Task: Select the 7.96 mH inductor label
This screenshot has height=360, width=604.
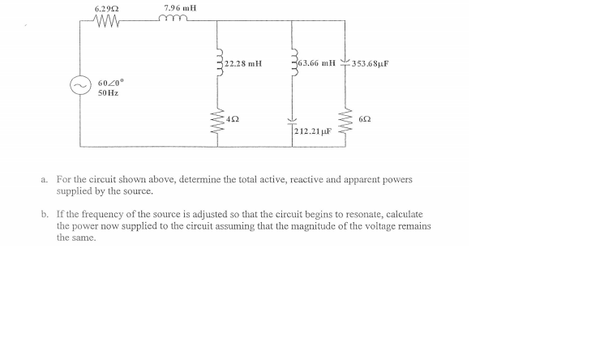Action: coord(180,9)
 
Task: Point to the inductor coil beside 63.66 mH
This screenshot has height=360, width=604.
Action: coord(293,63)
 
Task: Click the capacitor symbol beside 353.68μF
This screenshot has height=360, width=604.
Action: coord(347,63)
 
